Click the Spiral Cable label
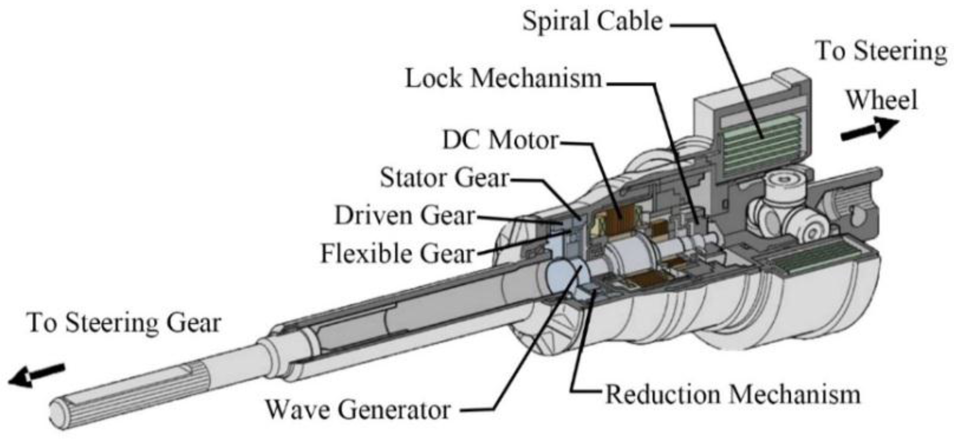(592, 21)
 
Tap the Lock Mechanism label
(503, 78)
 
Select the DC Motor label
(500, 140)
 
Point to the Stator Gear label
(444, 178)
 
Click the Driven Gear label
(404, 216)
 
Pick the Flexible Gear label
(397, 253)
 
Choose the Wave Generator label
(358, 410)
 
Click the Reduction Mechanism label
(733, 394)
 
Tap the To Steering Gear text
(124, 323)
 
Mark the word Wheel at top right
(882, 100)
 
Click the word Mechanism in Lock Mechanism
(536, 78)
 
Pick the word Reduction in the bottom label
(663, 394)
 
